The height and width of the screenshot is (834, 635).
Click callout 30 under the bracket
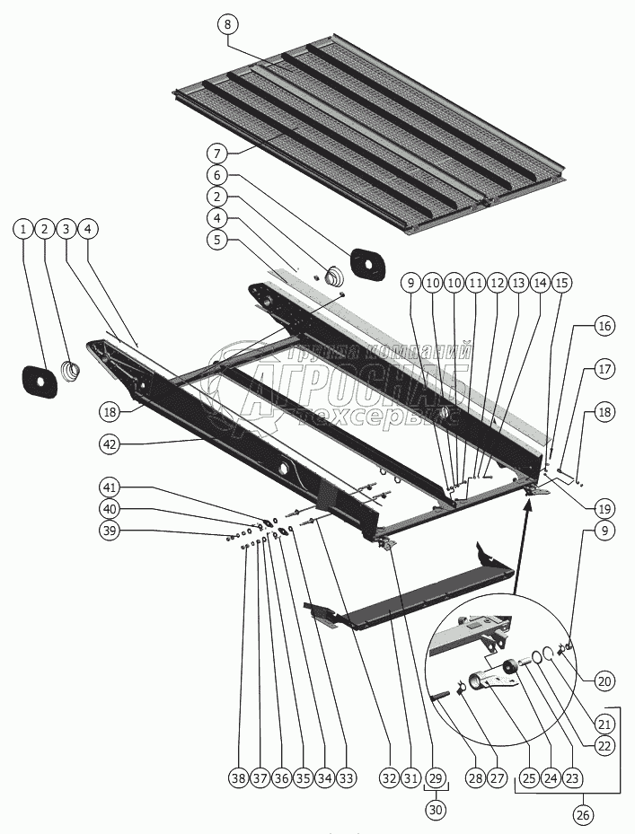436,809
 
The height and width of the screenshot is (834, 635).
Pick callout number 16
604,326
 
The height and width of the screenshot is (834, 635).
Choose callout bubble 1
22,230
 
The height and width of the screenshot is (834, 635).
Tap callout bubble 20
604,681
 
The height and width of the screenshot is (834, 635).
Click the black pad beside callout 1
39,381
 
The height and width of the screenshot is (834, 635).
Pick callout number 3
66,230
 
